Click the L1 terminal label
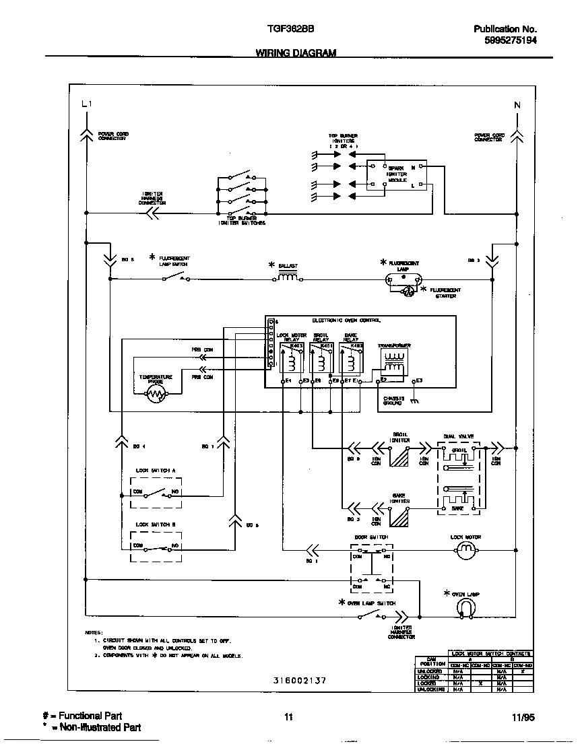pos(86,104)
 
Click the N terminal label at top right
pos(517,104)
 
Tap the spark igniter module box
pos(397,176)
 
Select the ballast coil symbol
pos(288,277)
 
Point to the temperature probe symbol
pos(156,395)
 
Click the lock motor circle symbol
pos(465,552)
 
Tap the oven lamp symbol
pos(465,607)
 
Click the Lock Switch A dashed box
pos(156,494)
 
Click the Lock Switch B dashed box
pos(156,546)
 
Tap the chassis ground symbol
pos(414,401)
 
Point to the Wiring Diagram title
pos(296,53)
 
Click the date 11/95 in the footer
pos(523,718)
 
